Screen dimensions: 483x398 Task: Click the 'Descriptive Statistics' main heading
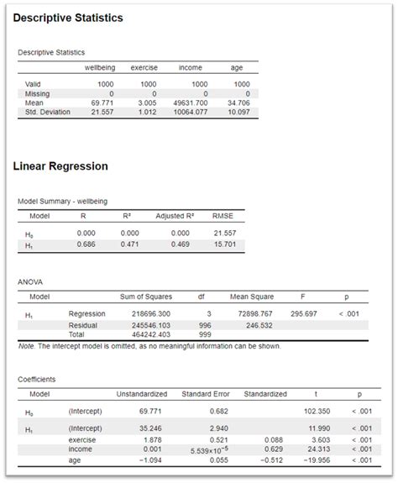click(68, 18)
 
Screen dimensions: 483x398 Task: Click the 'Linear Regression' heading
click(60, 166)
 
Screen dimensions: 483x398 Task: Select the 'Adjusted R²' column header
click(175, 216)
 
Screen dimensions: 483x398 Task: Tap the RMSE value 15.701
click(223, 244)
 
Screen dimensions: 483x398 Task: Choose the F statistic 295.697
click(302, 312)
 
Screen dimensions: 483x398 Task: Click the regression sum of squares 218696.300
click(151, 312)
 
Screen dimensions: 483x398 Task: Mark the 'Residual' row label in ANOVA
click(83, 325)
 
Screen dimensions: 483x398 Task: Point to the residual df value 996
click(204, 325)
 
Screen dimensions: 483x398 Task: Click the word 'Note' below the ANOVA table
click(27, 345)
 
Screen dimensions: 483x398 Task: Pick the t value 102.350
click(317, 411)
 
